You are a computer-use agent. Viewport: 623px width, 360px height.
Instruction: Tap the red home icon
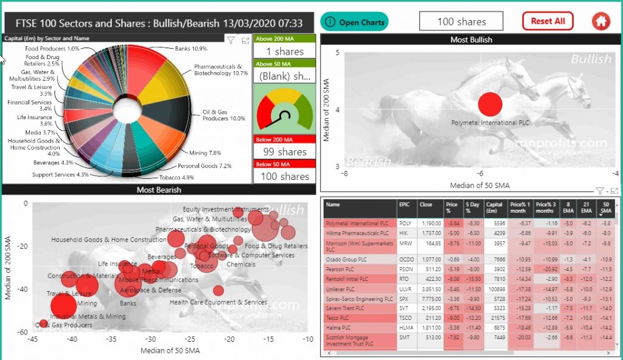pos(600,21)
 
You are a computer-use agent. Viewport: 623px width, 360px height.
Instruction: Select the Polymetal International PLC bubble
pos(490,105)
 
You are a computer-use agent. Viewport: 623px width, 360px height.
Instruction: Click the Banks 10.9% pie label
pos(191,48)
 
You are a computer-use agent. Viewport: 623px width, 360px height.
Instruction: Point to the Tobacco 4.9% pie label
pos(176,178)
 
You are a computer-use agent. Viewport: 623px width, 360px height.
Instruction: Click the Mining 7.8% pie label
pos(205,153)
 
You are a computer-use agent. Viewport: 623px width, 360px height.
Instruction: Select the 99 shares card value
pos(284,152)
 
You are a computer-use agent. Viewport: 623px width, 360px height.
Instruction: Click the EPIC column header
pos(405,205)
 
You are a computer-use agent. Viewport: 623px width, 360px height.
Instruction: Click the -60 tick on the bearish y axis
pos(22,333)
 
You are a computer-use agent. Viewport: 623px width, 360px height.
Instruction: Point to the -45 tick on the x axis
pos(33,339)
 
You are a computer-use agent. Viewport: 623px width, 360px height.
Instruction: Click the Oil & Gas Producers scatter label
pos(63,325)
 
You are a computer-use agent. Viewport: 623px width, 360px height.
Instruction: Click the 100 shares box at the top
pos(461,21)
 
